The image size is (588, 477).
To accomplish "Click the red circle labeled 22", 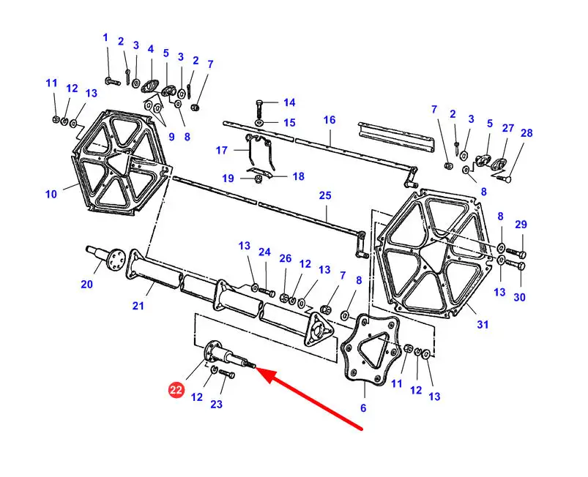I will click(x=176, y=391).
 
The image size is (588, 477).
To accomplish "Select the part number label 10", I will click(x=51, y=195).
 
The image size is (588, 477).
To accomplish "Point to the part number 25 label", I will click(x=325, y=196).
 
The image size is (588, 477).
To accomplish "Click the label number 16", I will click(x=330, y=120).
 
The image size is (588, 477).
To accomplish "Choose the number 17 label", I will click(x=221, y=151).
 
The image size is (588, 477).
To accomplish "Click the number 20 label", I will click(x=87, y=284).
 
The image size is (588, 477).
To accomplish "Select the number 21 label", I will click(x=138, y=306).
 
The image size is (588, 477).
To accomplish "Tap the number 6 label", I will click(x=363, y=407).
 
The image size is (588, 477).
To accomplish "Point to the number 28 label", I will click(x=527, y=133).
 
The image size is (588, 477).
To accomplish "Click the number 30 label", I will click(x=520, y=297).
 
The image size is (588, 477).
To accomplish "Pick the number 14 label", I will click(x=289, y=102).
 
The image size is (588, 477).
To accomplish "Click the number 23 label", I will click(x=217, y=403).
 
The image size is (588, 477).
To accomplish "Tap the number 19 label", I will click(x=228, y=178).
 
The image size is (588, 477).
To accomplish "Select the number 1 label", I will click(x=105, y=37).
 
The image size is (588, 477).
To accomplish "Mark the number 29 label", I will click(x=521, y=224).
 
